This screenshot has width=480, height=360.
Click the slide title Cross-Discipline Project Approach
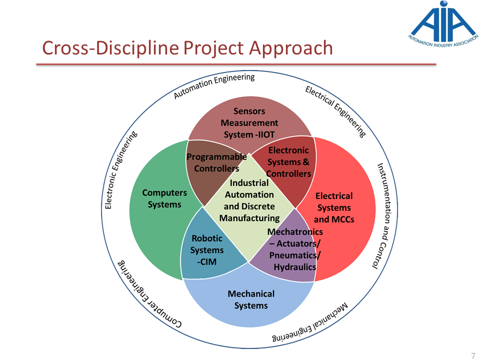tap(187, 48)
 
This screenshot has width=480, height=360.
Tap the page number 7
tap(473, 355)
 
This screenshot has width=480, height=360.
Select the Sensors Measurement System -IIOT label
tap(249, 122)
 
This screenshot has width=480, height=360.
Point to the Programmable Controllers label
tap(216, 162)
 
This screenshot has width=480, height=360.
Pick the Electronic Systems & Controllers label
tap(289, 161)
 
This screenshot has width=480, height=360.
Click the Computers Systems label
tap(164, 198)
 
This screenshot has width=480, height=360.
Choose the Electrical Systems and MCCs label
tap(334, 207)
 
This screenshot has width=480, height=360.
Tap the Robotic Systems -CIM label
tap(207, 250)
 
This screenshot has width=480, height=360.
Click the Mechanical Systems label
tap(251, 299)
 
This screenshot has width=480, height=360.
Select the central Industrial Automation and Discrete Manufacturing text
tap(249, 200)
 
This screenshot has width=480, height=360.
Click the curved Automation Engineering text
tap(214, 85)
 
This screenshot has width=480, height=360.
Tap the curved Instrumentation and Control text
tap(382, 215)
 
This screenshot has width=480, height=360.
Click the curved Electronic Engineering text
tap(120, 170)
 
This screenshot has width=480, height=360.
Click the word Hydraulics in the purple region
tap(295, 267)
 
